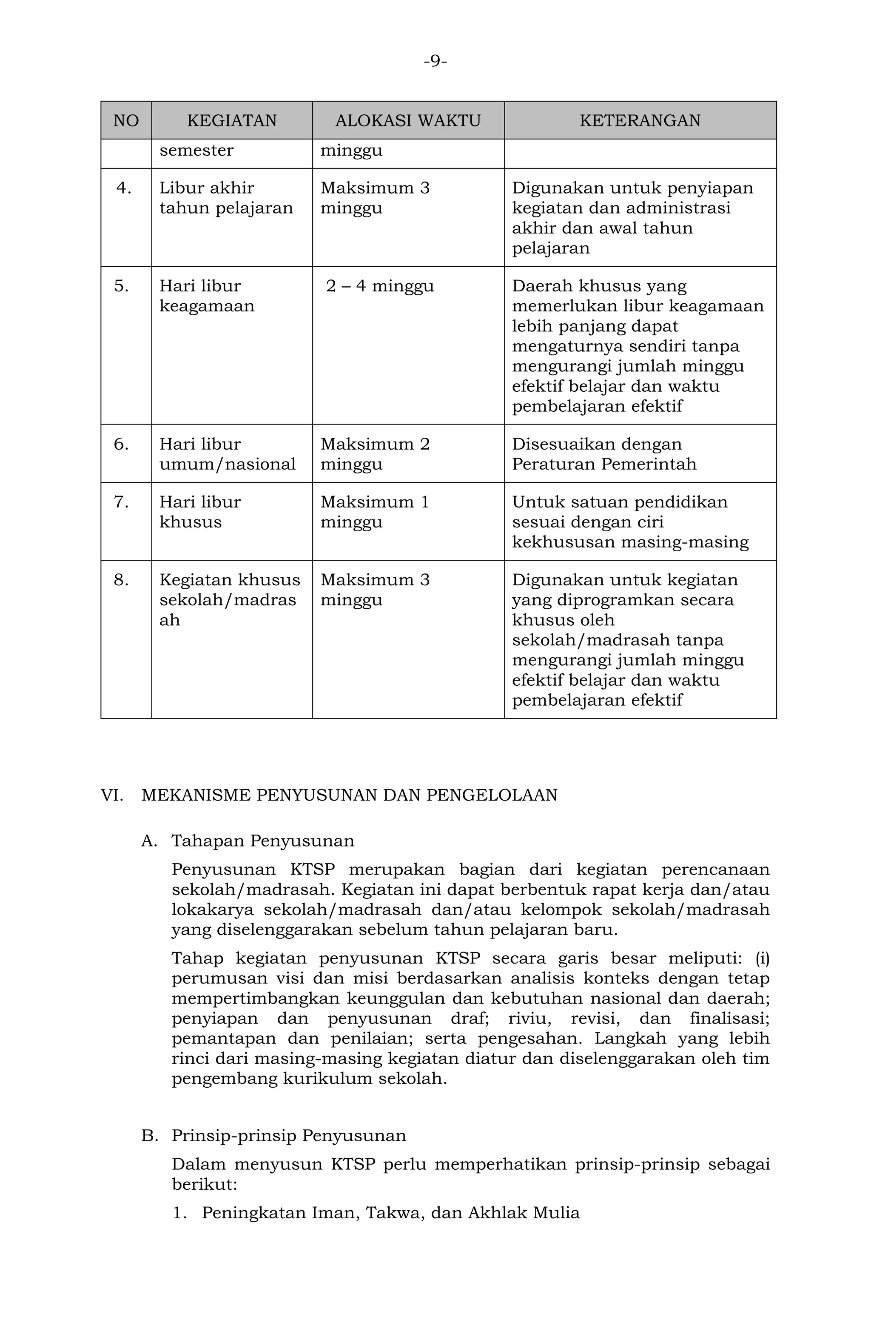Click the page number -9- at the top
pos(435,61)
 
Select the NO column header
pos(126,120)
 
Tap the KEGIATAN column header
pos(231,120)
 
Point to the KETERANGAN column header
pos(640,120)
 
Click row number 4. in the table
pos(124,188)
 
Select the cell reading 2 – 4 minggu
pos(380,286)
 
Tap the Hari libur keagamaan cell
pos(207,296)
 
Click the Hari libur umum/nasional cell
pos(227,453)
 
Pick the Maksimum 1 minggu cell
pos(375,512)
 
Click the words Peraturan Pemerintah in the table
pos(604,464)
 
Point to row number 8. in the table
pos(121,580)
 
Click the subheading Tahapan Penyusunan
pos(263,841)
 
